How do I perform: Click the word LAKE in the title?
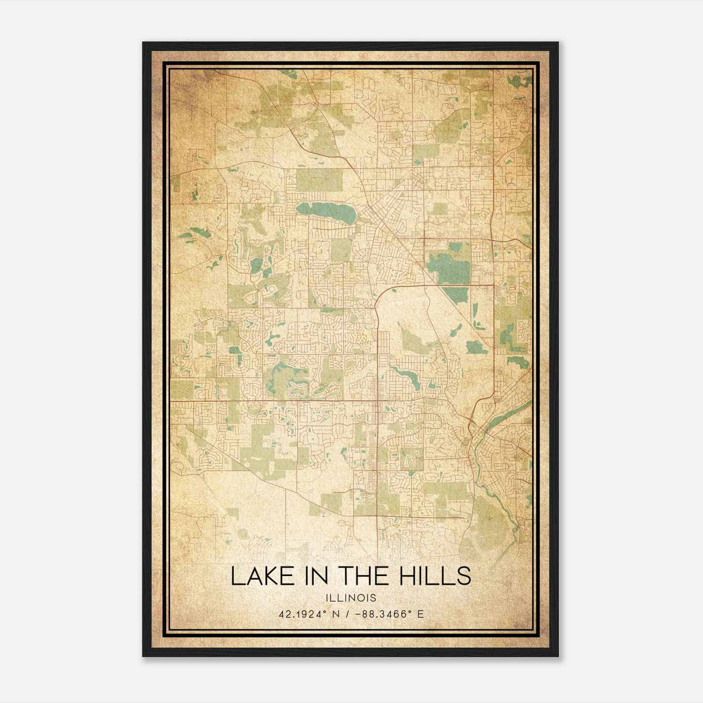257,576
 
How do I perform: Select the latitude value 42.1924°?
304,614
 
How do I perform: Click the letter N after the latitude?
336,614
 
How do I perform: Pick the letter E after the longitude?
420,614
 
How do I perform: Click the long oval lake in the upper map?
325,212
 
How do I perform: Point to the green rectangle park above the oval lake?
319,180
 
